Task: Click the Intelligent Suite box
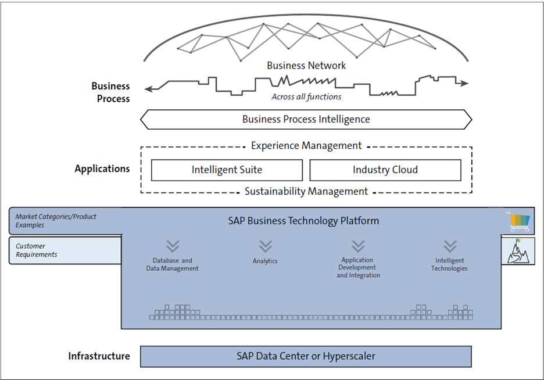[x=227, y=170]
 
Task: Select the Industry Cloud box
[x=385, y=170]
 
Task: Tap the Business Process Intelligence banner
[x=306, y=120]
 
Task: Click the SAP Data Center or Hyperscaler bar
[x=306, y=356]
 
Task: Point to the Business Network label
[x=306, y=66]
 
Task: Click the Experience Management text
[x=306, y=146]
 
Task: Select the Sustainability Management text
[x=306, y=191]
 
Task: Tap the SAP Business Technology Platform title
[x=304, y=221]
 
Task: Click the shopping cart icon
[x=518, y=221]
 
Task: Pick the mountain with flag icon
[x=518, y=250]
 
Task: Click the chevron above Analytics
[x=265, y=246]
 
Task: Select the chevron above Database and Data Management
[x=173, y=246]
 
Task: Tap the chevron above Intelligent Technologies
[x=449, y=246]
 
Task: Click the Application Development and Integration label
[x=358, y=268]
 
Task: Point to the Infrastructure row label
[x=99, y=356]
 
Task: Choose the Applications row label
[x=102, y=169]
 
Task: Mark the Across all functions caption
[x=306, y=97]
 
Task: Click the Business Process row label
[x=110, y=92]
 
